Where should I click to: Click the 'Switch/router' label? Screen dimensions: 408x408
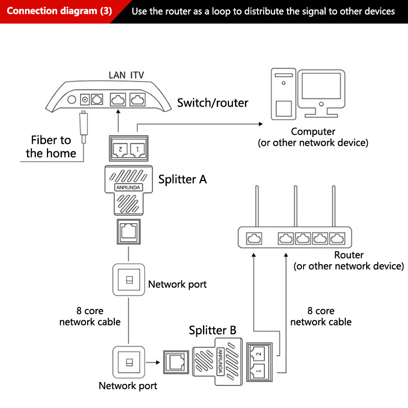213,103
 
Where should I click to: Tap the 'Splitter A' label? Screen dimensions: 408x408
183,179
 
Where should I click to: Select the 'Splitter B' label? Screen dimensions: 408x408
213,330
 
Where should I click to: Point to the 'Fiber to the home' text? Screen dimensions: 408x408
51,146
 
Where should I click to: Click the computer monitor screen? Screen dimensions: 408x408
320,86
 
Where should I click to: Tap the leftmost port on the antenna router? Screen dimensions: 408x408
253,238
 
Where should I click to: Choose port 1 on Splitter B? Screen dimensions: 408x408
257,369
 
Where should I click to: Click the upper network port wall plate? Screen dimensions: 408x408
128,279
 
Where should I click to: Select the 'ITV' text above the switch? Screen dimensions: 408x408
137,75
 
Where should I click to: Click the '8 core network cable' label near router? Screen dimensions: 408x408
321,316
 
